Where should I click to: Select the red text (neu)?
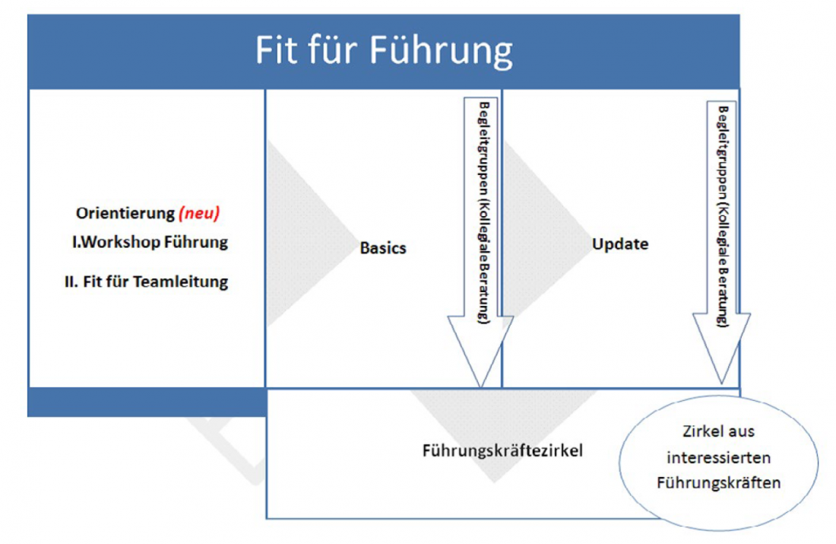(x=199, y=214)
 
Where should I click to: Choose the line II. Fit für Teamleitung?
(x=147, y=282)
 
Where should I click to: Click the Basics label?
(x=383, y=248)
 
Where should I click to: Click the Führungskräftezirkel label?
(x=502, y=450)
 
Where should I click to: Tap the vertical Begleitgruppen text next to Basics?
(x=480, y=213)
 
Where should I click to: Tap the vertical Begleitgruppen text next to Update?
(x=722, y=213)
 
